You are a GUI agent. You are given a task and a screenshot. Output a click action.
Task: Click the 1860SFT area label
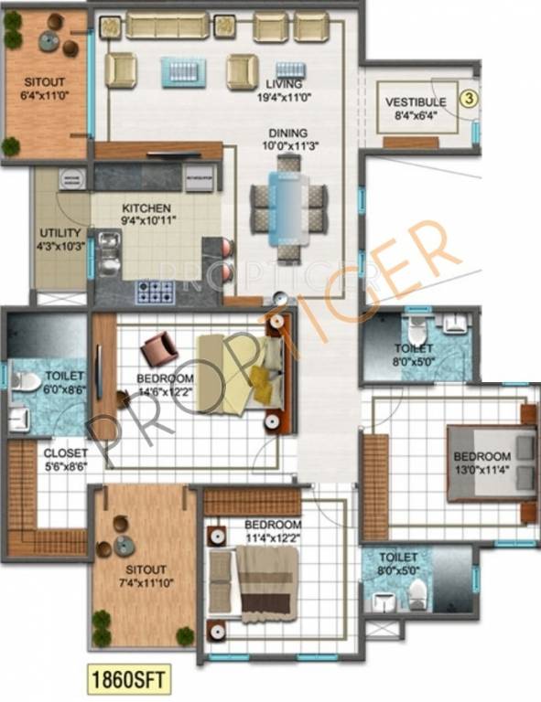tap(129, 678)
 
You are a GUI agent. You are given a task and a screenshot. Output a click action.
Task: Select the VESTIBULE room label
tap(415, 102)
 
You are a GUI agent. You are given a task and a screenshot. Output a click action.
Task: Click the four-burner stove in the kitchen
tap(156, 292)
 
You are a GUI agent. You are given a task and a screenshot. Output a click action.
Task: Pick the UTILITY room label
tap(60, 233)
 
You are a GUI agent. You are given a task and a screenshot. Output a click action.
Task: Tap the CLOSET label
tap(66, 452)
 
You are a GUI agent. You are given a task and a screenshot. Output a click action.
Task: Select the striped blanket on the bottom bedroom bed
tap(267, 585)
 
